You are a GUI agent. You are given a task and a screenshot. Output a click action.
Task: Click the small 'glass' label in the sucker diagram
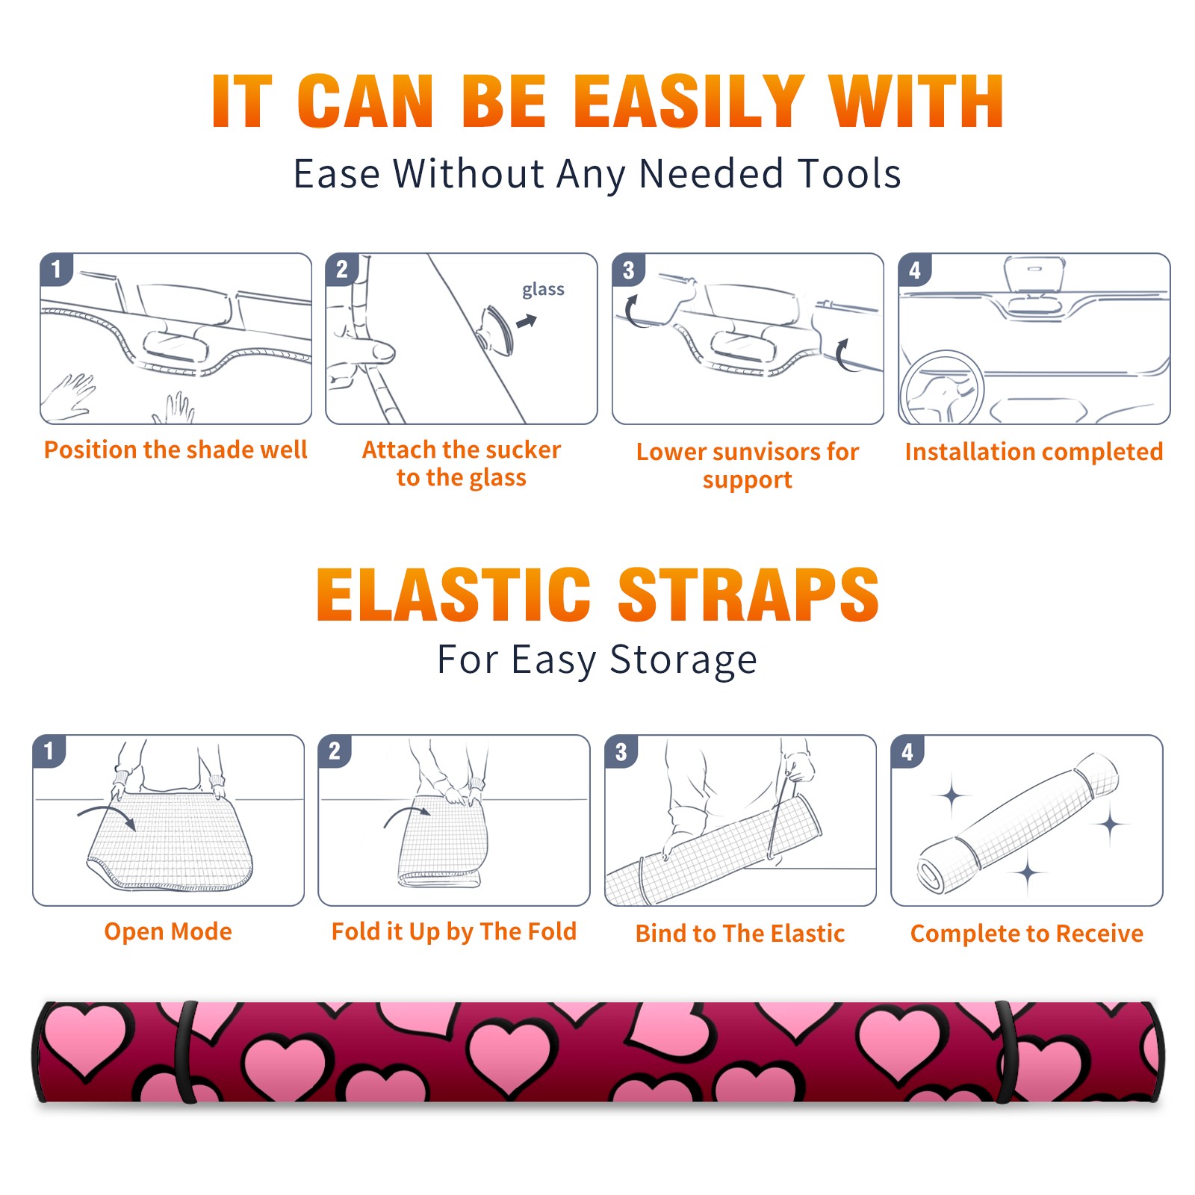click(543, 290)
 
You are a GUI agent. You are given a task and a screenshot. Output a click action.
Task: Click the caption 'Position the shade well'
click(176, 450)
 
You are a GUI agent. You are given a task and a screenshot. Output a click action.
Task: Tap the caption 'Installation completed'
click(1034, 452)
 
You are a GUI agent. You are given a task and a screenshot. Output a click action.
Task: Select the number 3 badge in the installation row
click(628, 270)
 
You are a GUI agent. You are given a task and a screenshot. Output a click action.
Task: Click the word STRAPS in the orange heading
click(748, 595)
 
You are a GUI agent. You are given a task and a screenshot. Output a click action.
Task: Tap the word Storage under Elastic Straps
click(683, 659)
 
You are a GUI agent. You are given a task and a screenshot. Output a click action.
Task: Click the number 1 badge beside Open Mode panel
click(49, 751)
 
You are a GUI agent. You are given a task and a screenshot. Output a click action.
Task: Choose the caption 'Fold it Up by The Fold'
click(454, 932)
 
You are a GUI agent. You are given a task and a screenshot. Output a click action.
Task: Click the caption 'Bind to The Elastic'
click(740, 934)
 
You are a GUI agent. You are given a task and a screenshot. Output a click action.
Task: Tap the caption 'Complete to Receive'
click(1027, 934)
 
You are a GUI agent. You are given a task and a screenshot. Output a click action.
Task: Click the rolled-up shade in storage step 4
click(1017, 824)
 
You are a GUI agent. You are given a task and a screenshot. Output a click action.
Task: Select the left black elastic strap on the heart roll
click(184, 1052)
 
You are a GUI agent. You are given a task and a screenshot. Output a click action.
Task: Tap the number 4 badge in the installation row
click(915, 270)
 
